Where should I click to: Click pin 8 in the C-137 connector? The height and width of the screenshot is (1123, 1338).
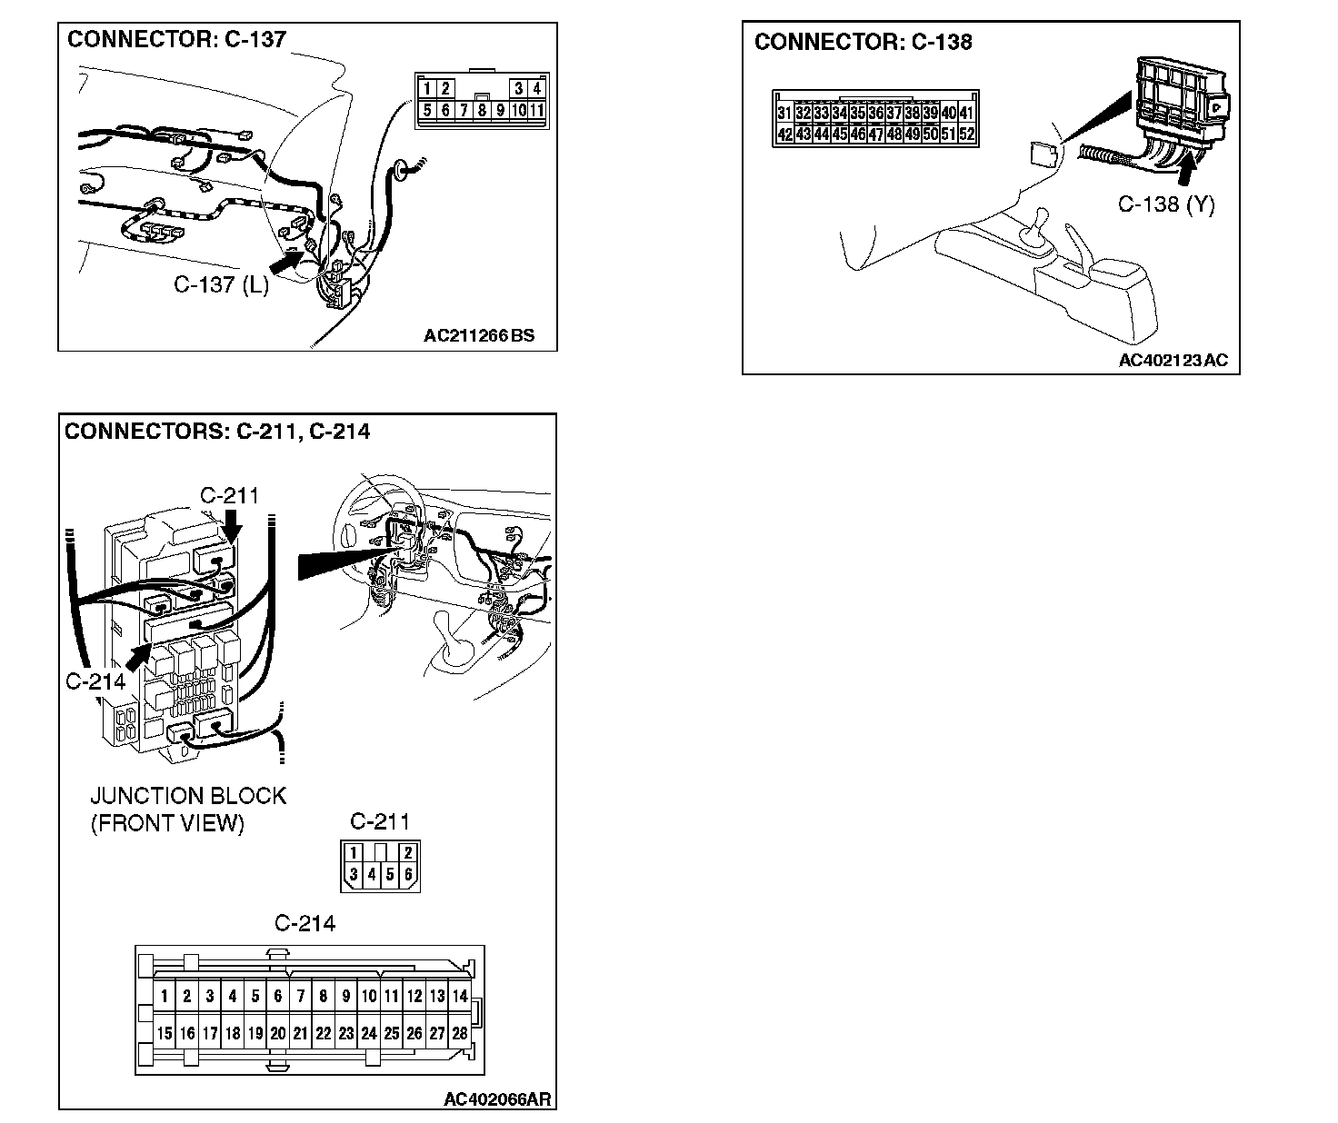482,111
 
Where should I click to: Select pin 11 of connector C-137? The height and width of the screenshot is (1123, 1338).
537,111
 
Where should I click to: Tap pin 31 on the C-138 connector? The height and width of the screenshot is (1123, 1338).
784,114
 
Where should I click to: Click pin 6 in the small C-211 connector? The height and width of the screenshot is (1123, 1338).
409,875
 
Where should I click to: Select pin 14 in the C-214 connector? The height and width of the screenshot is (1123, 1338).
460,996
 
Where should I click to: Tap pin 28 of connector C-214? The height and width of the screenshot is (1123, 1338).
460,1033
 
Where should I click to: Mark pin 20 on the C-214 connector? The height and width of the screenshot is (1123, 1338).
278,1033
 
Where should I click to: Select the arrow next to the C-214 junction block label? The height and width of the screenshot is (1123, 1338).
138,657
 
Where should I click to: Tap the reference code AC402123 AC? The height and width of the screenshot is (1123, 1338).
1173,361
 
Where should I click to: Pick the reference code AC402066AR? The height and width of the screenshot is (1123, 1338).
497,1099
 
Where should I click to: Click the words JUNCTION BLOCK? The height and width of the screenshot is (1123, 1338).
188,796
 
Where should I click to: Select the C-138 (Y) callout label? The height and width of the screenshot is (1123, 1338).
1165,204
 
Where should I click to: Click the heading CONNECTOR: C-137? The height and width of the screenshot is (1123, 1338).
176,39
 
